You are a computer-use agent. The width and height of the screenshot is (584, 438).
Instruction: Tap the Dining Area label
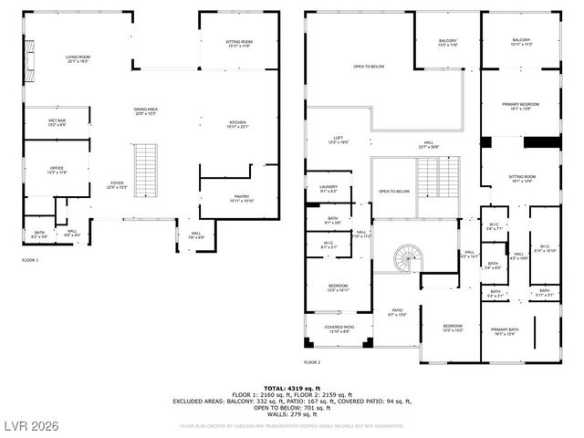(x=147, y=111)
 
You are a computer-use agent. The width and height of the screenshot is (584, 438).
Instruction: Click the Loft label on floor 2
(x=339, y=141)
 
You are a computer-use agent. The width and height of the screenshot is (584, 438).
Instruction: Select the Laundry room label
(x=328, y=189)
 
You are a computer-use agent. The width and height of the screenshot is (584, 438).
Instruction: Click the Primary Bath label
(x=504, y=332)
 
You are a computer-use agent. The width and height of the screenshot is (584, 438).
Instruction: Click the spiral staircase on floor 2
(x=407, y=260)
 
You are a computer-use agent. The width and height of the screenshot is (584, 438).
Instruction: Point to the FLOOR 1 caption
(x=31, y=260)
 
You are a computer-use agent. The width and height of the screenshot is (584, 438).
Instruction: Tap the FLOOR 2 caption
(x=313, y=362)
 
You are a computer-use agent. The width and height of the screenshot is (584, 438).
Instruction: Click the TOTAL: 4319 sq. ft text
(x=291, y=388)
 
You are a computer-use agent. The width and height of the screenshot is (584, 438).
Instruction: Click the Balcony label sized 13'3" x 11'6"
(x=447, y=43)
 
